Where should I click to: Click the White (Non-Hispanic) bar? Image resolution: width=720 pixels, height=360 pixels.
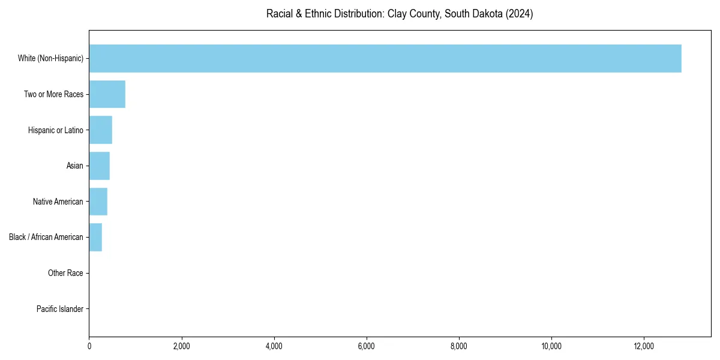(x=385, y=58)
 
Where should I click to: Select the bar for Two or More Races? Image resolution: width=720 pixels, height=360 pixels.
(x=107, y=94)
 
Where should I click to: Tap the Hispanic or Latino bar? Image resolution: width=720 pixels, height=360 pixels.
(x=101, y=130)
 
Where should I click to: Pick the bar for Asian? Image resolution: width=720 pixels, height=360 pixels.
(x=100, y=166)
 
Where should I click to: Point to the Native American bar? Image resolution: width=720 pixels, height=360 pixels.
(x=98, y=202)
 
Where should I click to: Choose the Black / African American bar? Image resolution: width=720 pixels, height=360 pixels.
(x=95, y=237)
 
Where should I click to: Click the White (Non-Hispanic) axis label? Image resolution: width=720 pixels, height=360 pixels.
(x=50, y=58)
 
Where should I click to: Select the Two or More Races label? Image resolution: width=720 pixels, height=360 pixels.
(x=53, y=94)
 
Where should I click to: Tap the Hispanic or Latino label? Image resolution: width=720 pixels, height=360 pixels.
(x=56, y=130)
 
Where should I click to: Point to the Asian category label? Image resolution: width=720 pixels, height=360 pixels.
(x=75, y=166)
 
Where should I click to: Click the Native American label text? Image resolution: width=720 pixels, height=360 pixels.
(x=58, y=202)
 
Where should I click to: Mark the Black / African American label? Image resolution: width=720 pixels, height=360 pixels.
(x=46, y=237)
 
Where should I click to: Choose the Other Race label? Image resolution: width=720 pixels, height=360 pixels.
(x=65, y=273)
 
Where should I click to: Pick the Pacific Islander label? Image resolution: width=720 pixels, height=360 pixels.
(x=60, y=309)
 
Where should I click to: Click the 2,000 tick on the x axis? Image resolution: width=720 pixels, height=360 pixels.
(x=181, y=346)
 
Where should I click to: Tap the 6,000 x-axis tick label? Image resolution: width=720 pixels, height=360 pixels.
(x=366, y=346)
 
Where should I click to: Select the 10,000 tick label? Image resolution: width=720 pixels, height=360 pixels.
(x=551, y=346)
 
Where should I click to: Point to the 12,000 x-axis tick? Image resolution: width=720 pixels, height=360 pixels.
(x=643, y=346)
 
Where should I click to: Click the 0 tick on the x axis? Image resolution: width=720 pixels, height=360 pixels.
(x=89, y=346)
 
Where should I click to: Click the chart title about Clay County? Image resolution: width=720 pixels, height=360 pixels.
(x=400, y=14)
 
